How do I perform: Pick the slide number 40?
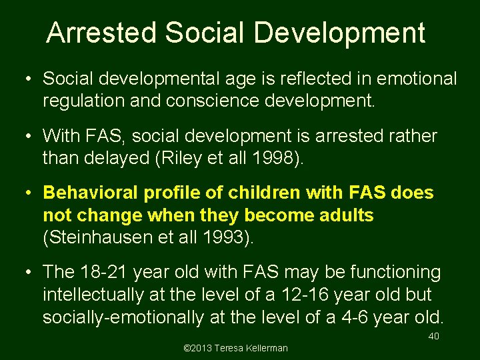(x=433, y=336)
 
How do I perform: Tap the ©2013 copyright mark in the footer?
(x=195, y=348)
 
